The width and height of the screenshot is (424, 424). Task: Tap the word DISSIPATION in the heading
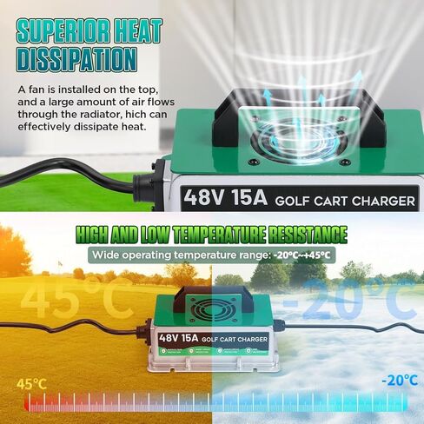tap(77, 60)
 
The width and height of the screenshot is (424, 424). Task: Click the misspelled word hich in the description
tap(137, 114)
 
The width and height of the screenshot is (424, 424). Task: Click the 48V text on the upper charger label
tap(203, 197)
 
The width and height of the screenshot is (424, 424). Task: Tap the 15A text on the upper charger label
tap(248, 197)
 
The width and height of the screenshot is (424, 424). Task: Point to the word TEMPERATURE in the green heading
tap(220, 235)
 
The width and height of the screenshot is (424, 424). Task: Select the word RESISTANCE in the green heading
tap(308, 235)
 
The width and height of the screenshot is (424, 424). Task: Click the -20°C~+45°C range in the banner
tap(301, 255)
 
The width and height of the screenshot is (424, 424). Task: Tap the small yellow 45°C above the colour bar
tap(31, 384)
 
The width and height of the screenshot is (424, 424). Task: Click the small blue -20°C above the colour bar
tap(400, 380)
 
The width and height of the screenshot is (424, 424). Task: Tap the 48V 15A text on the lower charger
tap(178, 338)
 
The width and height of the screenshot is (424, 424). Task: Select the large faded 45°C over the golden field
tap(76, 298)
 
